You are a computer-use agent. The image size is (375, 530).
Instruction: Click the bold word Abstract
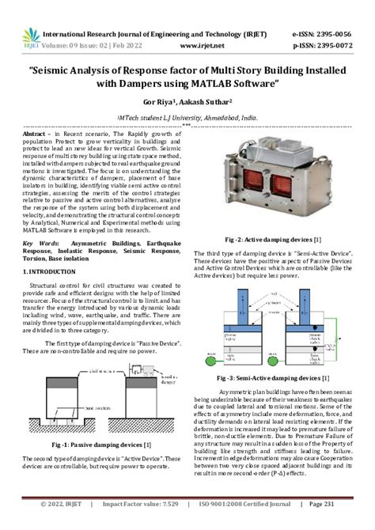(38, 136)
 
